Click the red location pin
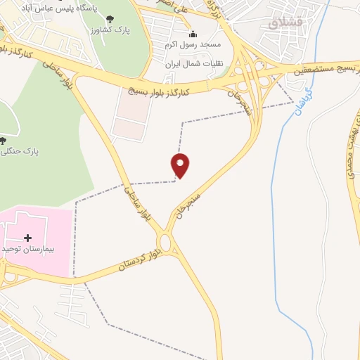pyautogui.click(x=181, y=165)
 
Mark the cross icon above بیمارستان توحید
pyautogui.click(x=28, y=238)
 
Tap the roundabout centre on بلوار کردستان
pyautogui.click(x=166, y=243)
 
